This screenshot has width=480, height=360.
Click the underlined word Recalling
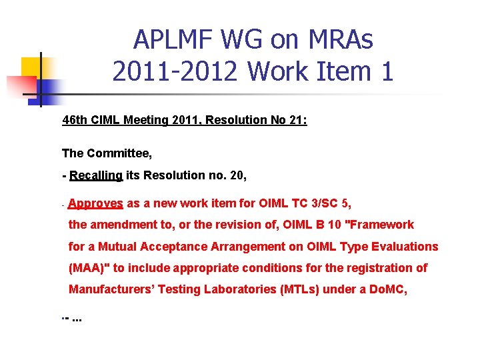[x=96, y=175]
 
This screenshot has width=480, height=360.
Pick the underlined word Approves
[x=95, y=203]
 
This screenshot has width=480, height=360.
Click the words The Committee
[x=107, y=153]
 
